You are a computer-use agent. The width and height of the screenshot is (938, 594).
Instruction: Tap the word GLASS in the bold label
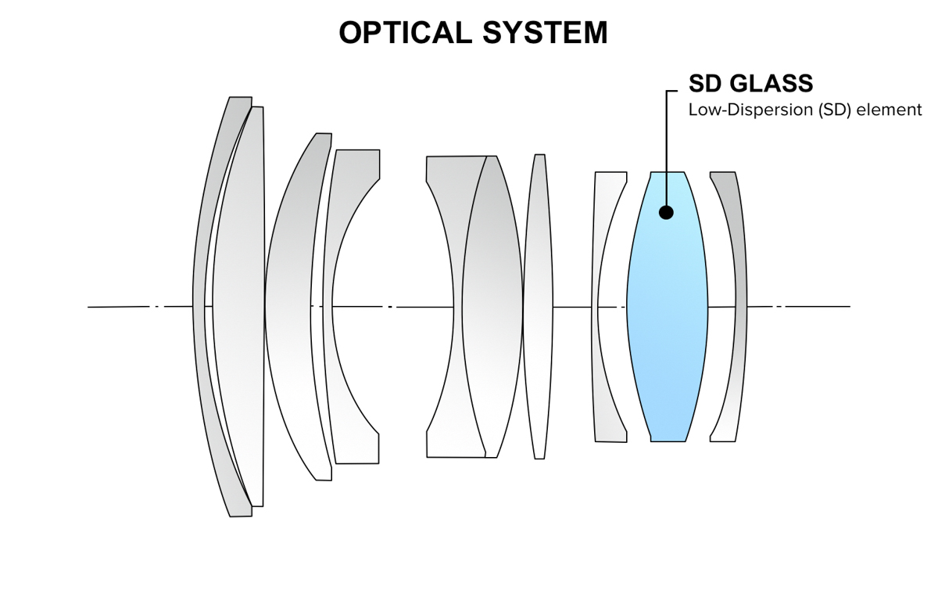tap(770, 83)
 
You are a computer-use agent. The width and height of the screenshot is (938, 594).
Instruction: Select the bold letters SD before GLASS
tap(704, 83)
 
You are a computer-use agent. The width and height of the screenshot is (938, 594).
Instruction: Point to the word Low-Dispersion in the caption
tap(750, 110)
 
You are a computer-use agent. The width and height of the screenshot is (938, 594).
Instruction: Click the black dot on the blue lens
tap(666, 211)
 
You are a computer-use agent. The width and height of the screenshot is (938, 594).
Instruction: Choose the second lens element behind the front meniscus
tap(238, 305)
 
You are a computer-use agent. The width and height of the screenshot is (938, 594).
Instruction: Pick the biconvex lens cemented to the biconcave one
tap(492, 305)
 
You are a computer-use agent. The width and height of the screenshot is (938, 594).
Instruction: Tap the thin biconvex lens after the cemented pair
tap(538, 305)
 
